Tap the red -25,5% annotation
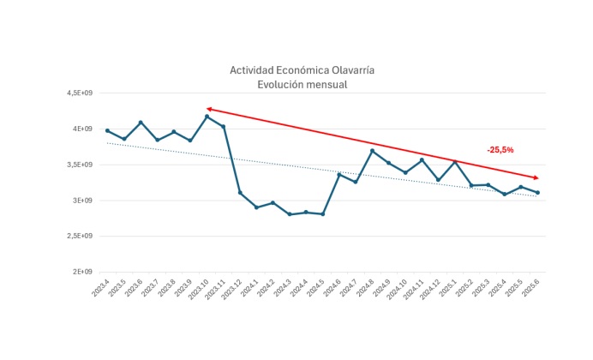coord(500,150)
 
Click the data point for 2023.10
coord(207,117)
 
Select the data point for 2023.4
coord(107,130)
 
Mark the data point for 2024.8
coord(372,151)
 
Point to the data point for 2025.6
coord(537,193)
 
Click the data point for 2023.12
coord(240,192)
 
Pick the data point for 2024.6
coord(339,175)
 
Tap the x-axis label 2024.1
coord(249,290)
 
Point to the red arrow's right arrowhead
coord(536,177)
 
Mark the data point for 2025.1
coord(455,161)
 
